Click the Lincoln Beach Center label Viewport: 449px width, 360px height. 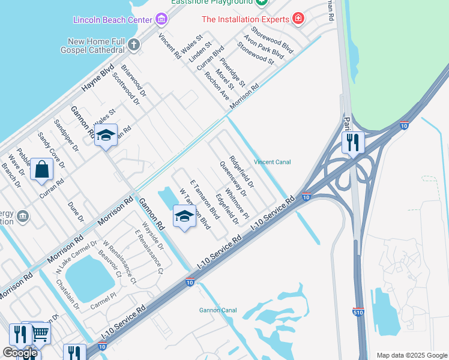(113, 20)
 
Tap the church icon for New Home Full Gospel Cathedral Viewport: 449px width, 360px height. (134, 44)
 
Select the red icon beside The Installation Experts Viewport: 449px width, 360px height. (297, 19)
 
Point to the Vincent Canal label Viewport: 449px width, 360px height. (273, 162)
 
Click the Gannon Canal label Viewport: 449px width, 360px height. (219, 310)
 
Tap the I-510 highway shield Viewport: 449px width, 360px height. (357, 311)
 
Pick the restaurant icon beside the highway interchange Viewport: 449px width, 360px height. (352, 142)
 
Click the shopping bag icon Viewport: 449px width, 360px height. (43, 170)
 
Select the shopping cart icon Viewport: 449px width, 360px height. (40, 334)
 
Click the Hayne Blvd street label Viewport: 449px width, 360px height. (98, 78)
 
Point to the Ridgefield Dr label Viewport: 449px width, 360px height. (242, 172)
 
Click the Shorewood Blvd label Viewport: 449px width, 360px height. (272, 41)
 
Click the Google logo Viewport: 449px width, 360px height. (20, 353)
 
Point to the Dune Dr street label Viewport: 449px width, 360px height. (76, 211)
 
